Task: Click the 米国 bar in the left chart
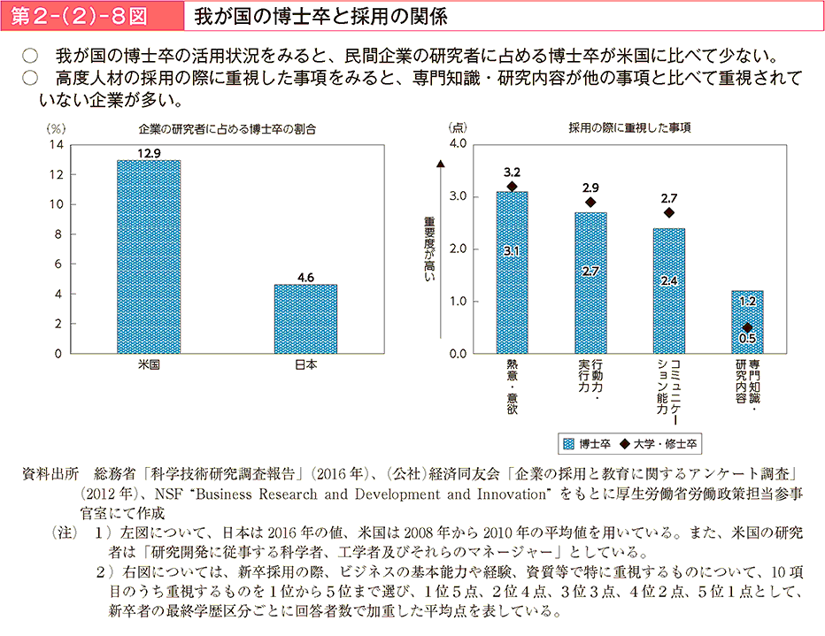pyautogui.click(x=149, y=257)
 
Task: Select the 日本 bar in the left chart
pyautogui.click(x=305, y=318)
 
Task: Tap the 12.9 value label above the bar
pyautogui.click(x=149, y=153)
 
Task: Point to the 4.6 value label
pyautogui.click(x=306, y=277)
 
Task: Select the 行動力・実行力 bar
pyautogui.click(x=590, y=283)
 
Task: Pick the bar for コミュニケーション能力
pyautogui.click(x=668, y=291)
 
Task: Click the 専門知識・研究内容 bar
pyautogui.click(x=747, y=322)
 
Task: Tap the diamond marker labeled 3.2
pyautogui.click(x=512, y=186)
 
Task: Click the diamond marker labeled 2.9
pyautogui.click(x=590, y=203)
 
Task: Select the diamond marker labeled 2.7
pyautogui.click(x=668, y=212)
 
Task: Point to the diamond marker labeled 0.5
pyautogui.click(x=747, y=327)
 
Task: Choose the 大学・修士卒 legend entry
pyautogui.click(x=659, y=442)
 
